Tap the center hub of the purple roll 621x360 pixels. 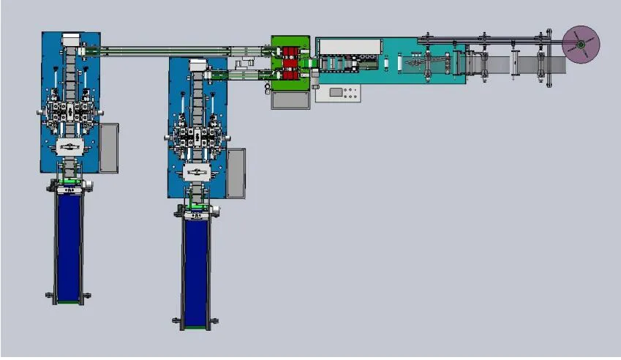click(580, 45)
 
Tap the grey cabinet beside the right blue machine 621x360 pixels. click(236, 173)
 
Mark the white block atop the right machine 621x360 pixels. click(197, 65)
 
